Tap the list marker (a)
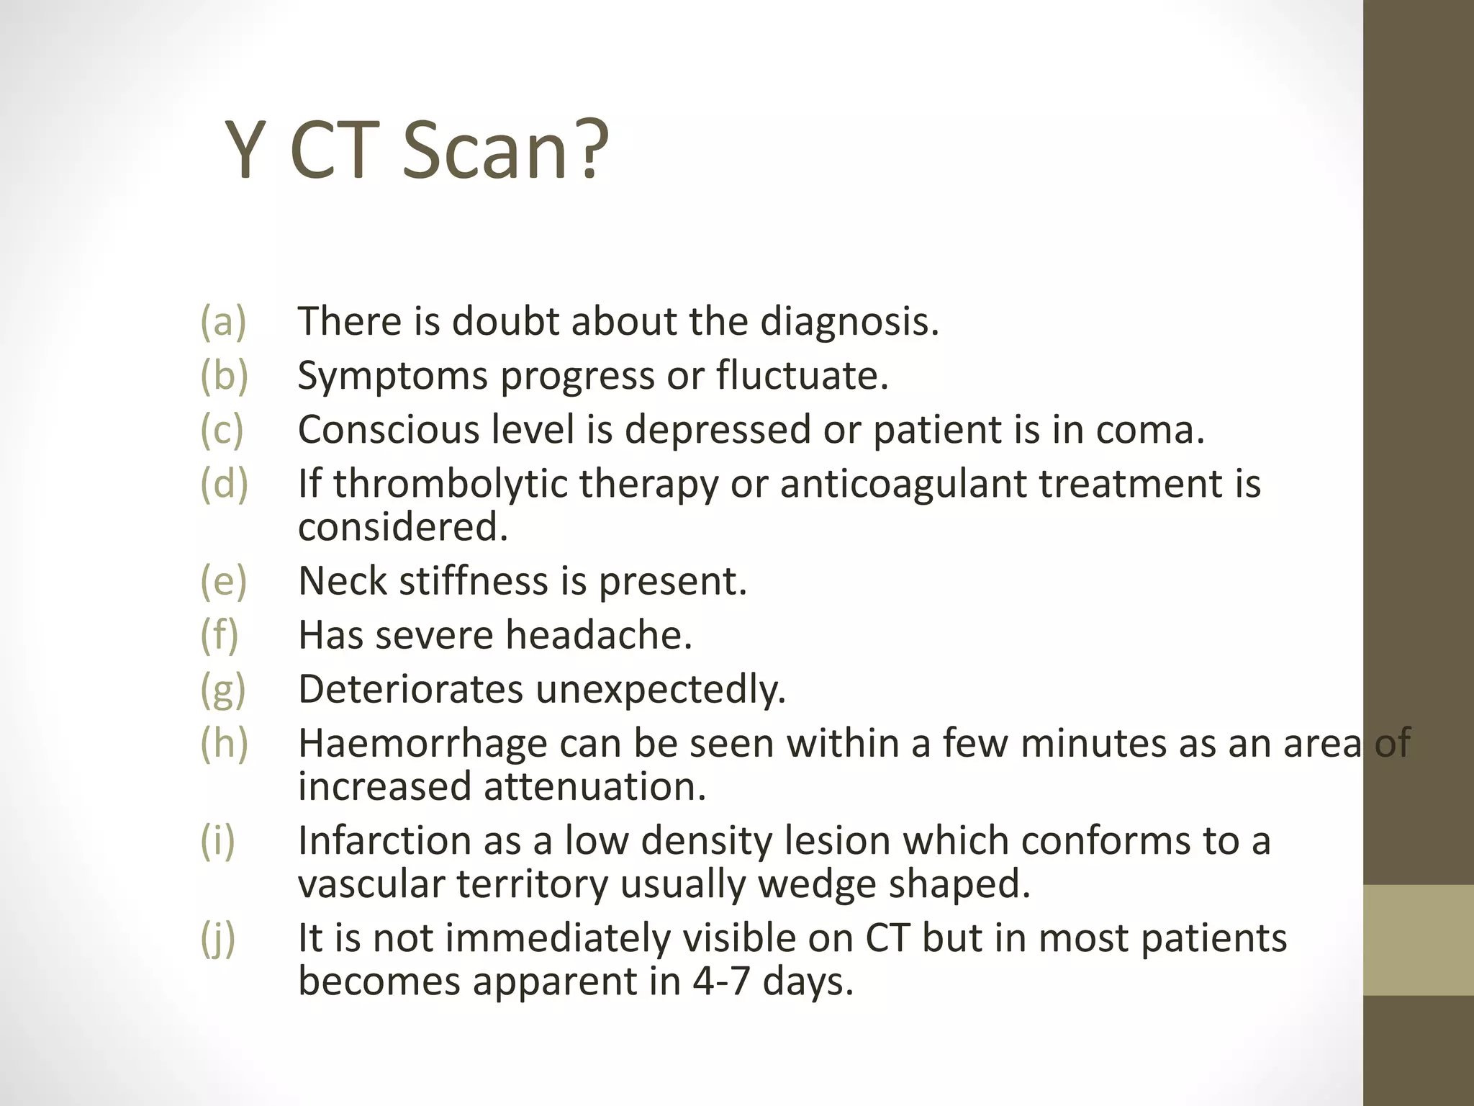click(223, 321)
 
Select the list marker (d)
click(224, 483)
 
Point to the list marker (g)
click(223, 689)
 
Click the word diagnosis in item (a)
click(849, 321)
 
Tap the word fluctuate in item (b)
click(802, 375)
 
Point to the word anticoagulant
click(903, 483)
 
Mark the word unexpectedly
click(660, 689)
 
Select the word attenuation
click(594, 786)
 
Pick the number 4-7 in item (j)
click(720, 981)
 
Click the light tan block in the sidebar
click(1418, 940)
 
